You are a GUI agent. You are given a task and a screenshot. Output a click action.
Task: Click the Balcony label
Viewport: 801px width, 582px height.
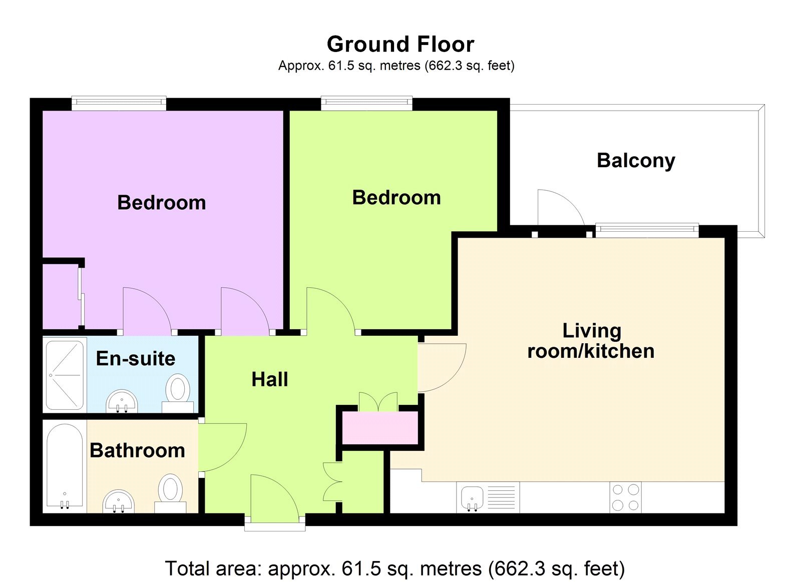[636, 161]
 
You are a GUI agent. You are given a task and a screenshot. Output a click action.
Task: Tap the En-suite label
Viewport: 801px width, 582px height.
[135, 358]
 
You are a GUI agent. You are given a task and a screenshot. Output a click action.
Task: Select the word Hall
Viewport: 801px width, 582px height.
[269, 379]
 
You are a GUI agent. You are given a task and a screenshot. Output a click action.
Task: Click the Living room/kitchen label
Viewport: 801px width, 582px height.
[591, 341]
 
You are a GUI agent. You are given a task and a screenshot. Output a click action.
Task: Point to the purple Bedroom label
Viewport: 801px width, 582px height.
[161, 203]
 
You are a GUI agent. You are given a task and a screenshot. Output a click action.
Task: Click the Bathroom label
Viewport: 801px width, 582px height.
[137, 450]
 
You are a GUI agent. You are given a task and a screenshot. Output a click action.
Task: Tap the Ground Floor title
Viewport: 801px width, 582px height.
[400, 44]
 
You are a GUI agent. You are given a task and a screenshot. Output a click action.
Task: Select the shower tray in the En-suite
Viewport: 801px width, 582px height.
[65, 375]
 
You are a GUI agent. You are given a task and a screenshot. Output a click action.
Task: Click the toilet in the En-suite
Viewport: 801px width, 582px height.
[178, 393]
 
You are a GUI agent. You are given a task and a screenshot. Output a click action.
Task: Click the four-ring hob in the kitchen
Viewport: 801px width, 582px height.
[625, 497]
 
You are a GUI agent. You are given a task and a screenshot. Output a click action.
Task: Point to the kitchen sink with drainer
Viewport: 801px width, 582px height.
[488, 497]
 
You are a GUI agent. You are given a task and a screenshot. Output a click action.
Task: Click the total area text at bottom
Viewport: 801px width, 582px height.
[394, 568]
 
